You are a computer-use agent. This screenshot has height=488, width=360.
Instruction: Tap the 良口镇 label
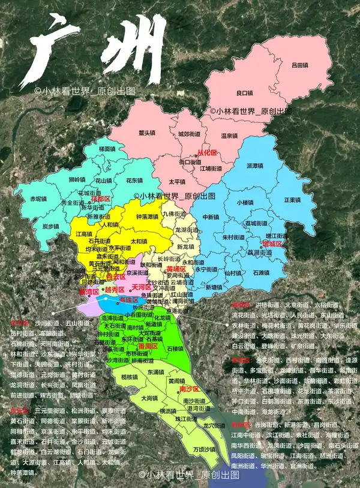(x=244, y=92)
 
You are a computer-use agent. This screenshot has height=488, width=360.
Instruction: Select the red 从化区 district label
(x=207, y=153)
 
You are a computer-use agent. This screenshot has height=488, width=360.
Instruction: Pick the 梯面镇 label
(x=107, y=148)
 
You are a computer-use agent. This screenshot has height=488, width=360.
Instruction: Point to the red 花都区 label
(x=101, y=198)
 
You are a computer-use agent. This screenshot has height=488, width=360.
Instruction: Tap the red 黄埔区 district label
(x=176, y=270)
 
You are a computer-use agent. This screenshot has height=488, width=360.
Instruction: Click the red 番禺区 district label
(x=148, y=347)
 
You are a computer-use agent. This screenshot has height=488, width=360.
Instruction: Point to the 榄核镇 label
(x=130, y=376)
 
